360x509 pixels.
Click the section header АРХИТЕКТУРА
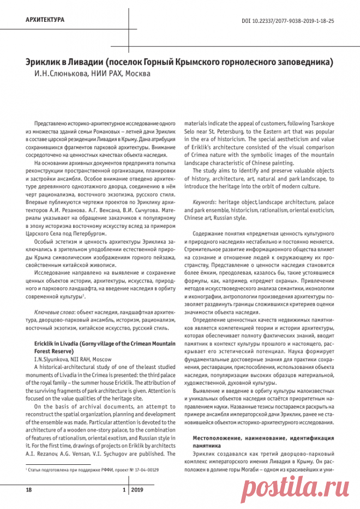click(x=45, y=20)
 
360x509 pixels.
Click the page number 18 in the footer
click(x=29, y=490)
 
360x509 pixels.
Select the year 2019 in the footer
click(x=137, y=490)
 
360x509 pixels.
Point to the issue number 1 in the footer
click(x=124, y=490)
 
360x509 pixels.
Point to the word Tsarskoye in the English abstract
click(x=322, y=123)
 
